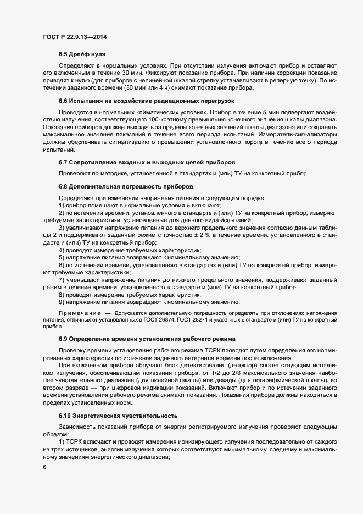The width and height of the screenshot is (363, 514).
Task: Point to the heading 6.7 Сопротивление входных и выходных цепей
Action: coord(147,163)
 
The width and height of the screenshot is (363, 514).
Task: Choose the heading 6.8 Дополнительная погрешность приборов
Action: coord(126,186)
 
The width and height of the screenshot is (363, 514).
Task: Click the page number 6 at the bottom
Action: coord(44,467)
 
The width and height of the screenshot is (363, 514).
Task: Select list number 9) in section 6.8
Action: coord(62,302)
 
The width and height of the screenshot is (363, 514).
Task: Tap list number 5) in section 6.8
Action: coord(62,257)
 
